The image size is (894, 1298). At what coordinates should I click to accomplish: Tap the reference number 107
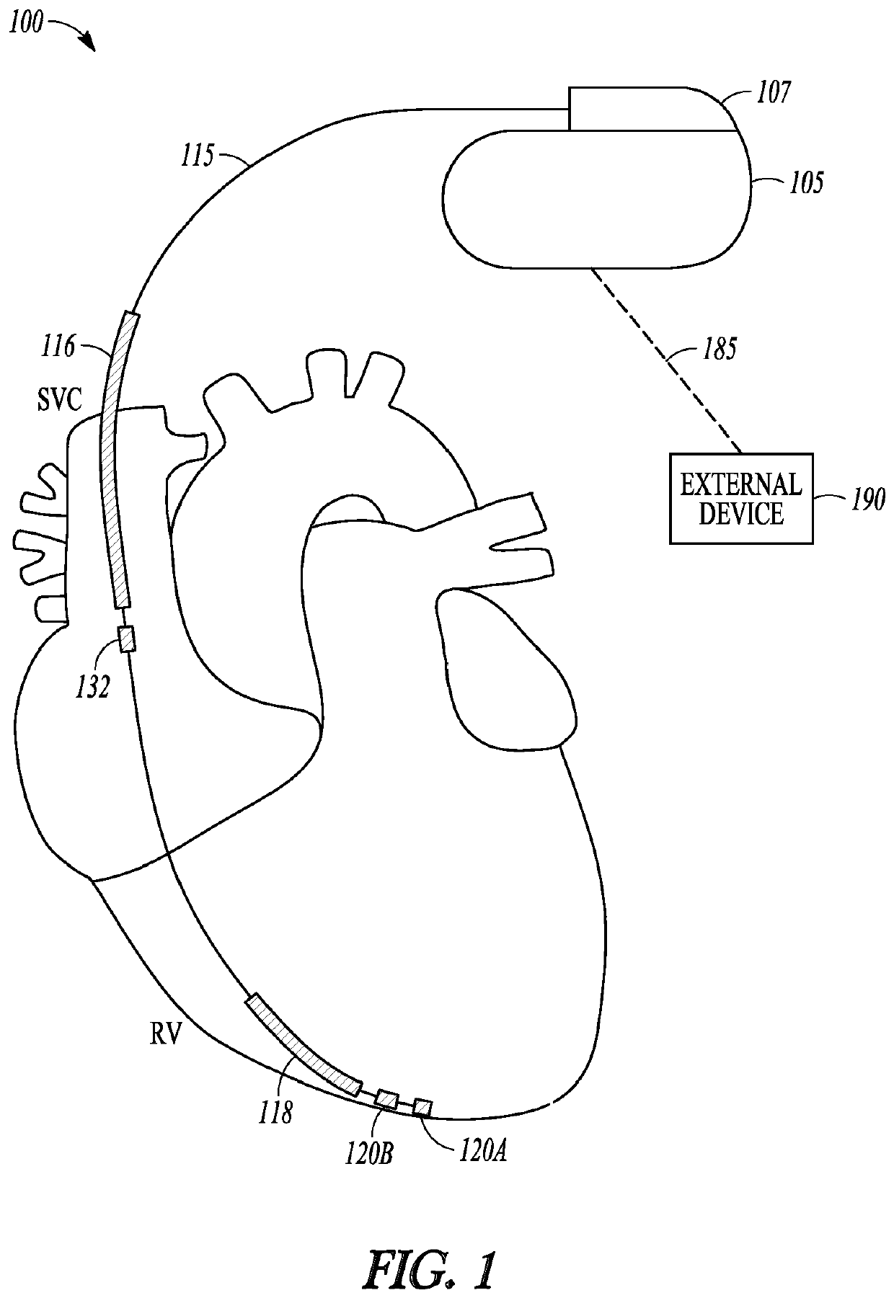coord(774,92)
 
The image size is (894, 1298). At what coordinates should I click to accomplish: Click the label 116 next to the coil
coord(58,347)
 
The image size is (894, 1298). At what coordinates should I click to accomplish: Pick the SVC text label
coord(60,399)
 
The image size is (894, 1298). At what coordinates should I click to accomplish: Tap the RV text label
coord(165,1036)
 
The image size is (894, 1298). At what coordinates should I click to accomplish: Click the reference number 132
coord(94,688)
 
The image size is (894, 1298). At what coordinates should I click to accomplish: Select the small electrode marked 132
coord(127,639)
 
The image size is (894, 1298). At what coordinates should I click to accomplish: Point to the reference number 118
coord(276,1112)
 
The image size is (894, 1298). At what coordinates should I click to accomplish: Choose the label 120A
coord(482,1151)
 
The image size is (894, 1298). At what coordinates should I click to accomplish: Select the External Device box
coord(740,498)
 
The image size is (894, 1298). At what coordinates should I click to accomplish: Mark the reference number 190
coord(868,498)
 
